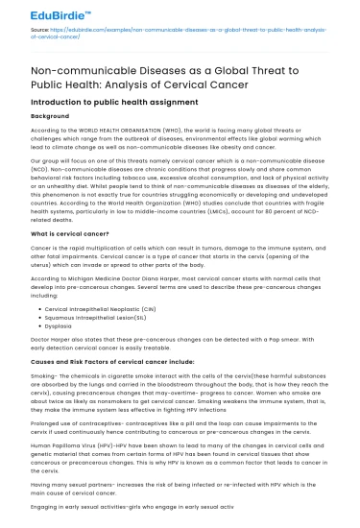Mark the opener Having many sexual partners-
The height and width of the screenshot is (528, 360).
(x=78, y=488)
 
